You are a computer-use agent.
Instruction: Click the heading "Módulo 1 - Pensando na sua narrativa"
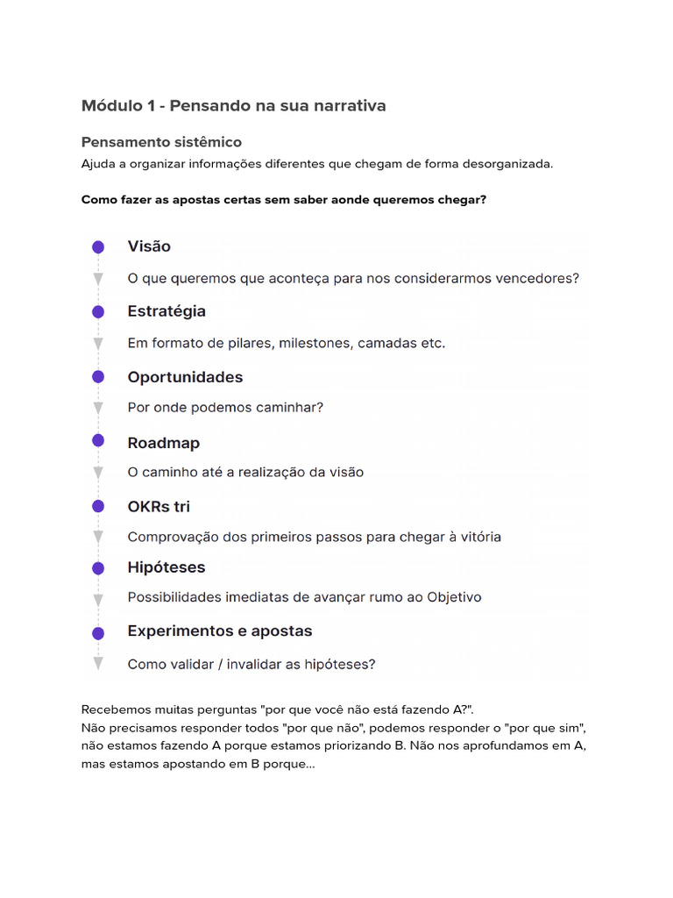233,106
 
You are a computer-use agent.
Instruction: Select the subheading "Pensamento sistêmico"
161,142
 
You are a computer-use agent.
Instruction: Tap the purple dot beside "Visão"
98,247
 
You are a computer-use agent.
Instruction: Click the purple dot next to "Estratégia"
98,311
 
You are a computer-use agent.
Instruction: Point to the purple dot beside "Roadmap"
98,440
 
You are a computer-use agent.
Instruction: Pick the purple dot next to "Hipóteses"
98,568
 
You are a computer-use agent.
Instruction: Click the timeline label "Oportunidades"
185,377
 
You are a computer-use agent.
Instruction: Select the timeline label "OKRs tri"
159,506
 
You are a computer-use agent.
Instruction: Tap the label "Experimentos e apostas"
219,631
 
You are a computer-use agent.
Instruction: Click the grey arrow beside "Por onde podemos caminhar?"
98,408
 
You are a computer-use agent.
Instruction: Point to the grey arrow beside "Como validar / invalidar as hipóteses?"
98,664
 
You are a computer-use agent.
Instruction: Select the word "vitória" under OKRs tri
477,537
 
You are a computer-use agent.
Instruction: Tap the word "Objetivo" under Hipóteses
454,598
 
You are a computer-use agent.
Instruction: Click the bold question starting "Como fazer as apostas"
283,200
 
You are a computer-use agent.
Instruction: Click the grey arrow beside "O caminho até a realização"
98,473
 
